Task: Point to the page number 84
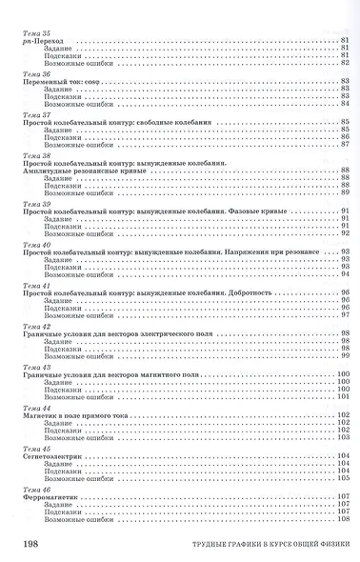344,104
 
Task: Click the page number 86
344,137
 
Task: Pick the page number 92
344,233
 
